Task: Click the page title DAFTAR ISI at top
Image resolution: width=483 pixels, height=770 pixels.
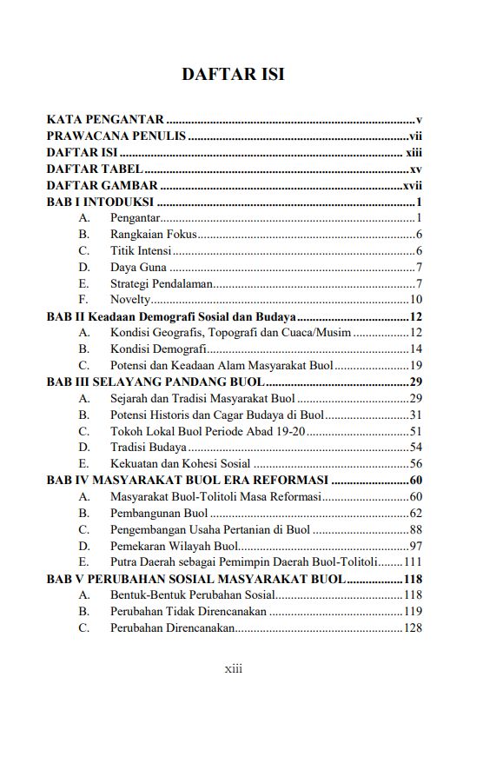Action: point(233,75)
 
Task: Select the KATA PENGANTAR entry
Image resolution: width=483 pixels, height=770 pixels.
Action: point(105,120)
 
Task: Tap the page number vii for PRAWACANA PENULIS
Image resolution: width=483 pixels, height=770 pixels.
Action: point(415,136)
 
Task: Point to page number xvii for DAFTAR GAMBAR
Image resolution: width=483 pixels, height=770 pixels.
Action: point(413,185)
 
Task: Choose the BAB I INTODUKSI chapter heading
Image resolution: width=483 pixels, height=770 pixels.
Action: point(100,202)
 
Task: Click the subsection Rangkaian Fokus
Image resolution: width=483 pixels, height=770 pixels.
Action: point(153,235)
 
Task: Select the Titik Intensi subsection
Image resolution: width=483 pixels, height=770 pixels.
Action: point(140,251)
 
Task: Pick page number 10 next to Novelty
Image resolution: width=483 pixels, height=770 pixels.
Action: point(415,300)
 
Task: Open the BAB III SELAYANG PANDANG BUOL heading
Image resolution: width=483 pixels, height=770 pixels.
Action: point(154,382)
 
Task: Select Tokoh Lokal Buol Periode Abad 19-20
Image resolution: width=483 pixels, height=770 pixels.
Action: point(207,431)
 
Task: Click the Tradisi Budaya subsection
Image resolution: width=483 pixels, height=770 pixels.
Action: point(147,448)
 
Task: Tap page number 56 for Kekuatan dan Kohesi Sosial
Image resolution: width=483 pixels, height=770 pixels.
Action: point(415,464)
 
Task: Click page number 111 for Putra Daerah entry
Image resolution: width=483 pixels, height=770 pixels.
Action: point(413,562)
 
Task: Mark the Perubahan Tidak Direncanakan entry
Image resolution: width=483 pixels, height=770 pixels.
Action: point(188,611)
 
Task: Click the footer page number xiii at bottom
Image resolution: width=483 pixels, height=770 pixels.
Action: point(233,668)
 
